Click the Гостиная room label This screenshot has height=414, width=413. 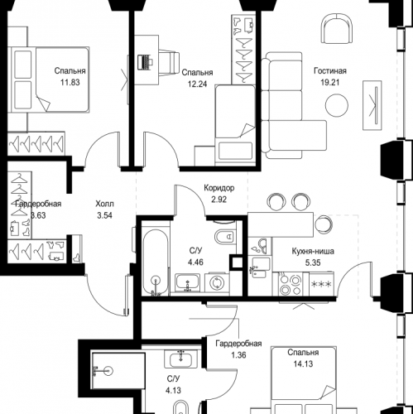click(330, 71)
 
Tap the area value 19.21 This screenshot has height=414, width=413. click(330, 83)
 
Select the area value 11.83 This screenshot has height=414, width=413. click(70, 83)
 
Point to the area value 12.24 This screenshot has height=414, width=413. click(197, 84)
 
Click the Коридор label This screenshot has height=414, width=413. click(219, 188)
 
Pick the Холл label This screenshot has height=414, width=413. click(104, 204)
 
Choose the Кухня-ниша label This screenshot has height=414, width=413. click(313, 251)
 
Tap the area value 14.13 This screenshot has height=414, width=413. click(303, 364)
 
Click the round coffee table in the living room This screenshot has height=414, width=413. click(337, 105)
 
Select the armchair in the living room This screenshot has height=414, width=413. click(337, 29)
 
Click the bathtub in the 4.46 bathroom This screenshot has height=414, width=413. click(156, 262)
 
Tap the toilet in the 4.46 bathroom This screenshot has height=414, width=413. click(225, 236)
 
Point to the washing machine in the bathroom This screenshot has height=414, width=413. click(217, 282)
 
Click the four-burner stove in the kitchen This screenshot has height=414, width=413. click(290, 284)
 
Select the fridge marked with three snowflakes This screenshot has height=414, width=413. click(321, 284)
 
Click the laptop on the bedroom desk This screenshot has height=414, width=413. click(145, 62)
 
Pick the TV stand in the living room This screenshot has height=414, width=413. click(372, 105)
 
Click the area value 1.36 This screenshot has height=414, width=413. click(238, 355)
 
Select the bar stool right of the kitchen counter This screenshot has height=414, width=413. click(324, 224)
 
